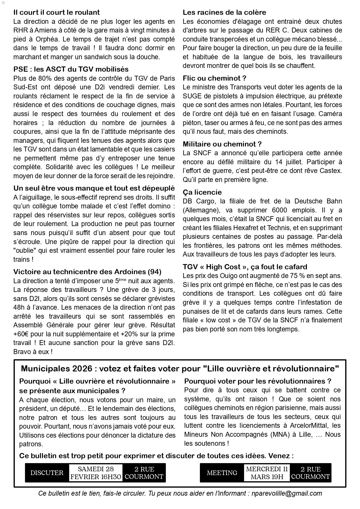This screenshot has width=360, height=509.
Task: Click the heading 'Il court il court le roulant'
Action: pyautogui.click(x=57, y=12)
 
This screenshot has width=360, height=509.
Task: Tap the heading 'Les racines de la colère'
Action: pyautogui.click(x=224, y=12)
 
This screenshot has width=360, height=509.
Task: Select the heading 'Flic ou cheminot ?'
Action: pyautogui.click(x=214, y=78)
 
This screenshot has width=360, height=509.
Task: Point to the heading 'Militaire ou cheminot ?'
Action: pyautogui.click(x=222, y=144)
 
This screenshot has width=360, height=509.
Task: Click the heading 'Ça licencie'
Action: pyautogui.click(x=202, y=192)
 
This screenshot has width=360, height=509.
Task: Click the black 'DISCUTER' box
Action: pyautogui.click(x=47, y=473)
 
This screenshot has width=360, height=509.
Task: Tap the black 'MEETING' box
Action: pyautogui.click(x=222, y=473)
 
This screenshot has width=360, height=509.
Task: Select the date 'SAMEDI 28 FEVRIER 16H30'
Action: pyautogui.click(x=96, y=473)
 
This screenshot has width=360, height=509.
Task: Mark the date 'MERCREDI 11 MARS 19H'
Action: pyautogui.click(x=267, y=473)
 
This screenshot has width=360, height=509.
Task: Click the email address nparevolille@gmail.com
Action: pyautogui.click(x=286, y=493)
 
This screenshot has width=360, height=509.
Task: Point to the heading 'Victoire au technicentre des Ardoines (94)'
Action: pyautogui.click(x=87, y=272)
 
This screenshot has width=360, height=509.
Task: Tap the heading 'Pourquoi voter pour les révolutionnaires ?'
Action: pyautogui.click(x=258, y=381)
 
